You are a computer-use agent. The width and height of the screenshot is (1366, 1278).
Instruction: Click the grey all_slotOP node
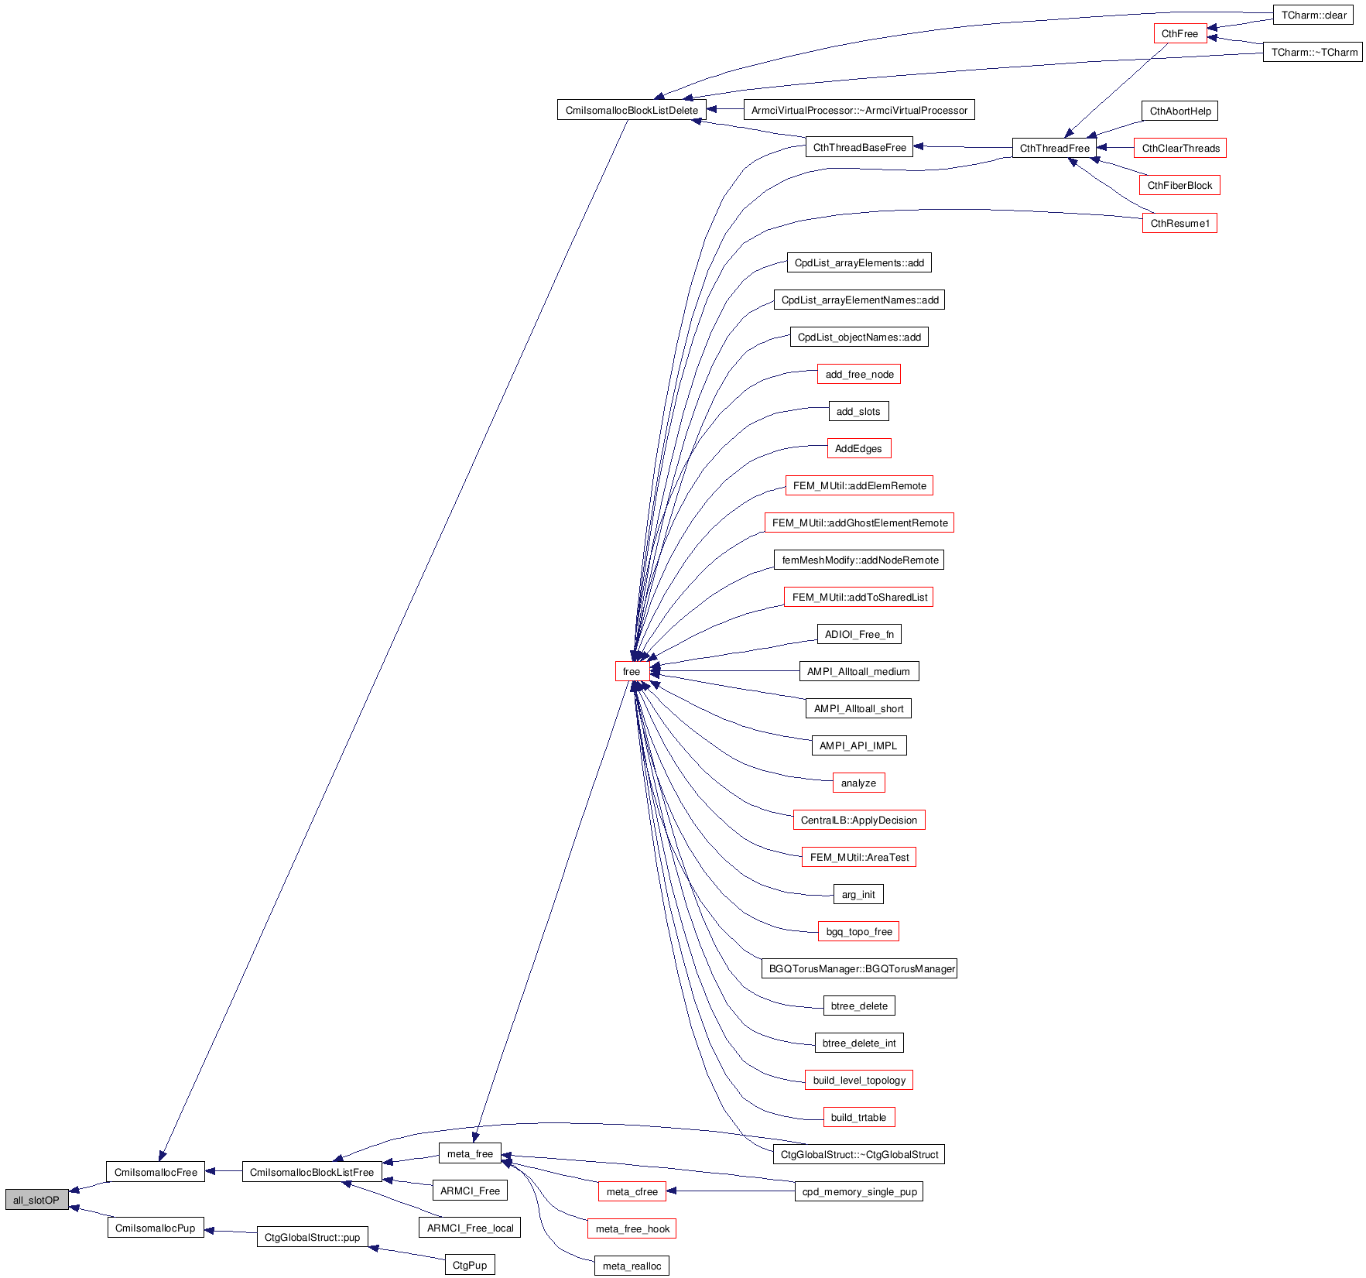[36, 1200]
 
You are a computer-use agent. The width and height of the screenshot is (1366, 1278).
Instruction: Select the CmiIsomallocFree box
[156, 1172]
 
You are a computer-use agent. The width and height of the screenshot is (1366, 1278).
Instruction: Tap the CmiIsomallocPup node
[155, 1228]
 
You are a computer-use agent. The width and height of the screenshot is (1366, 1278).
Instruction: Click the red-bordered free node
[632, 671]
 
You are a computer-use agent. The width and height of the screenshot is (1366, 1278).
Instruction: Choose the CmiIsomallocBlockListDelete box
[632, 110]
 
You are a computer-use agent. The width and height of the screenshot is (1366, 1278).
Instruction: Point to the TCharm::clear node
[1313, 15]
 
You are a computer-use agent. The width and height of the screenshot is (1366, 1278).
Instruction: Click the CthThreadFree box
[1054, 148]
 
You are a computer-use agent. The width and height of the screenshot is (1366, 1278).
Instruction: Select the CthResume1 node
[1179, 223]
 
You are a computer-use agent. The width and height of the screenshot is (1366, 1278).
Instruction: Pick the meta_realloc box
[632, 1266]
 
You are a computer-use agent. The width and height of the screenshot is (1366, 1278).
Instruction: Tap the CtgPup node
[470, 1265]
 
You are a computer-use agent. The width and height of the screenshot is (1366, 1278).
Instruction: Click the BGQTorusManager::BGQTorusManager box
[859, 968]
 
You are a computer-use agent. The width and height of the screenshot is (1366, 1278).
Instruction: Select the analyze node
[858, 783]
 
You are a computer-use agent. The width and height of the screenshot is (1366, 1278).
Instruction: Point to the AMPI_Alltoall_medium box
[858, 671]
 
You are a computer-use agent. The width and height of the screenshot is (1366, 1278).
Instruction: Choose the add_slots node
[858, 411]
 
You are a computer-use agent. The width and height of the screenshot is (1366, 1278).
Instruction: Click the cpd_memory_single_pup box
[859, 1191]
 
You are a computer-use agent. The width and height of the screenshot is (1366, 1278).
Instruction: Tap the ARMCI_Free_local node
[470, 1228]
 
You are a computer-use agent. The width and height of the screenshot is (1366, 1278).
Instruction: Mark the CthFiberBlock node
[1179, 185]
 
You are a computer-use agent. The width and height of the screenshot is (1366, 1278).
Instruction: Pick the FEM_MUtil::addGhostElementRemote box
[859, 523]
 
